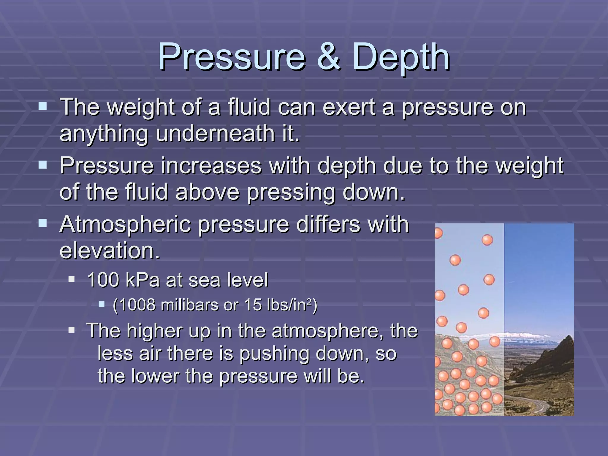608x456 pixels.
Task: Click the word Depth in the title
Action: coord(401,57)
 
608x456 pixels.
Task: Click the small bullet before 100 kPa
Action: coord(72,279)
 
